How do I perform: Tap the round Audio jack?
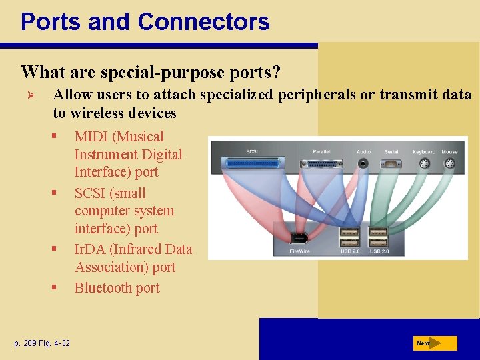(363, 163)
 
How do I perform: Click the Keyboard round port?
(423, 163)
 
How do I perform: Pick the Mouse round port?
(449, 163)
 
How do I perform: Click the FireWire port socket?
(300, 237)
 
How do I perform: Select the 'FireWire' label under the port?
(300, 251)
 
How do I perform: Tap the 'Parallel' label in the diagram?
(322, 151)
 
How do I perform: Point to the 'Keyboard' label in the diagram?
(423, 151)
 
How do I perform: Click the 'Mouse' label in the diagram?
(449, 151)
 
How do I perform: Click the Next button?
(434, 343)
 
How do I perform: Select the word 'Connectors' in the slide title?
(203, 21)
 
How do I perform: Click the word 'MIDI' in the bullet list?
(91, 137)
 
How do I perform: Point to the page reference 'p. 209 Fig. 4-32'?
(42, 343)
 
